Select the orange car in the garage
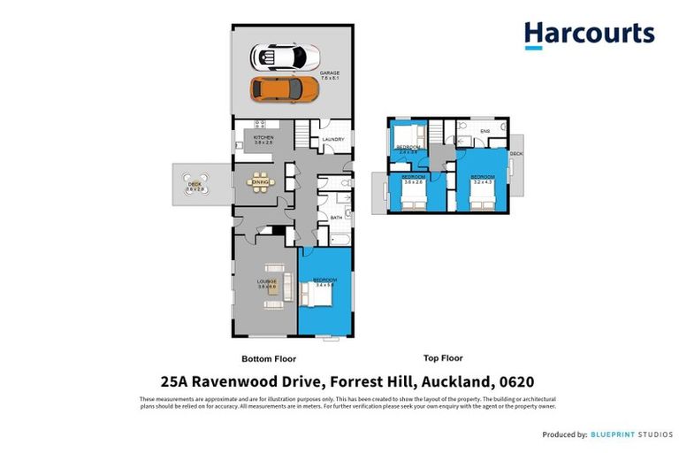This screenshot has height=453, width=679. [x=285, y=88]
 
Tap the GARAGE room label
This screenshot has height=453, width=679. [x=330, y=74]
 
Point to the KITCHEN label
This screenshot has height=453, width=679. [x=263, y=139]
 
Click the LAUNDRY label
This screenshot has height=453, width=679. [x=332, y=140]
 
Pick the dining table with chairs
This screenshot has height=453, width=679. [x=261, y=182]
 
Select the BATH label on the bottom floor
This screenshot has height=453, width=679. [x=336, y=217]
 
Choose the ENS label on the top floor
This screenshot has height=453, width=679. [x=484, y=132]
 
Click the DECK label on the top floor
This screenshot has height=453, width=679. [x=516, y=154]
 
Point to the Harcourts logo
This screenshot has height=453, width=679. [x=588, y=35]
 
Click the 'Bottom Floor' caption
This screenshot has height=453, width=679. [x=269, y=359]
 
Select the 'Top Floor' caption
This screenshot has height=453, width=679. [x=443, y=358]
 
